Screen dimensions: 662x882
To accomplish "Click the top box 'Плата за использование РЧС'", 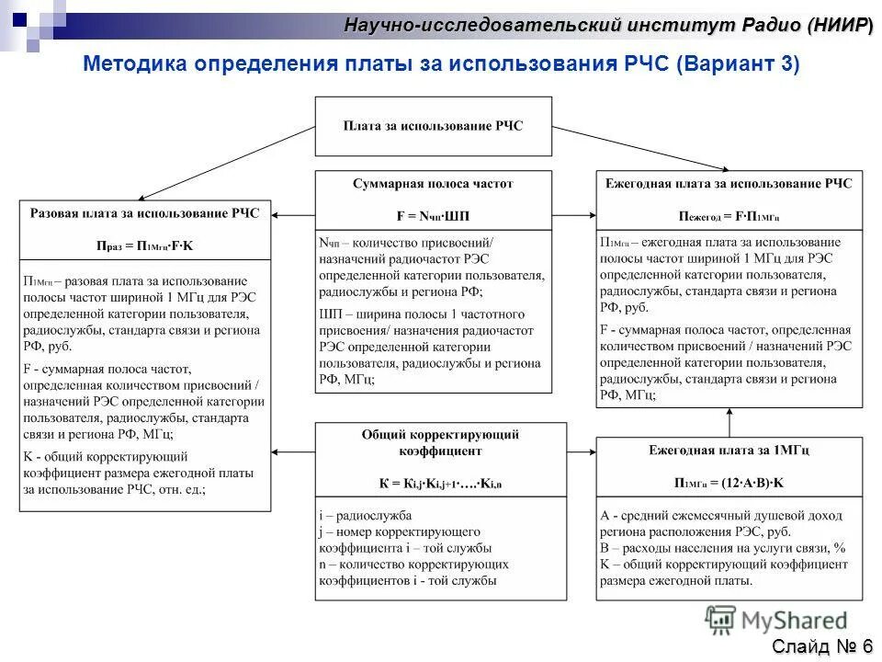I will coord(433,126).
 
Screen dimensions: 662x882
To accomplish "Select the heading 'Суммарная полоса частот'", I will coord(433,184).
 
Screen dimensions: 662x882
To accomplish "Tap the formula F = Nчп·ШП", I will coord(433,216).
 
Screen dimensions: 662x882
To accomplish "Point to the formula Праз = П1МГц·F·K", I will coord(145,245).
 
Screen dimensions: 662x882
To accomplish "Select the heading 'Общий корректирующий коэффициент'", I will coord(441,442).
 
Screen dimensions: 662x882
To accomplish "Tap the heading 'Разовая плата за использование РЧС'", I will coord(145,213).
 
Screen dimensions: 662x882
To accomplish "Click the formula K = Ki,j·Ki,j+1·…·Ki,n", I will coord(441,483).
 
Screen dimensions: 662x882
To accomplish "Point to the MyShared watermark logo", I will coord(776,621).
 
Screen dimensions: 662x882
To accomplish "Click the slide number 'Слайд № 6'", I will coord(822,646).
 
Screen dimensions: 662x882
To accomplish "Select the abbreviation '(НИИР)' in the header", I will coord(840,25).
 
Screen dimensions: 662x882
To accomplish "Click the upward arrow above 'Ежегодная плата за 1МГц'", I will coord(729,422).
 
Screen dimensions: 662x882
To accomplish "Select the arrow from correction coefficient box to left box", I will coord(293,451).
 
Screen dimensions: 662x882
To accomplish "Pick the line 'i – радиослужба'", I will coord(366,515).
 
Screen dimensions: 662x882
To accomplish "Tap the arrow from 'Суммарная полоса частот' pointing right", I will coord(574,214).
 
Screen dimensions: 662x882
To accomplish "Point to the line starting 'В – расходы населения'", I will coord(722,548).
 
